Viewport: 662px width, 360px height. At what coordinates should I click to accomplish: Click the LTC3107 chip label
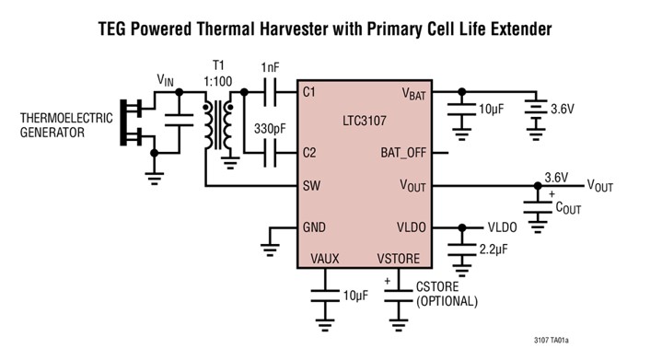click(366, 122)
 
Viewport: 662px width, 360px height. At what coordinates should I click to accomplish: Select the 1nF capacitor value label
click(272, 67)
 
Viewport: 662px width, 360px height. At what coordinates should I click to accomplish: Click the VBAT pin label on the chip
click(415, 93)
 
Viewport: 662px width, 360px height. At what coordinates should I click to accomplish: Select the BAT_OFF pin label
click(404, 153)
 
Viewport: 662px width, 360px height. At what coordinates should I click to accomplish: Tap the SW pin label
click(310, 186)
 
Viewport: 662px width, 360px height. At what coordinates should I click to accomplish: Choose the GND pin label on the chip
click(314, 227)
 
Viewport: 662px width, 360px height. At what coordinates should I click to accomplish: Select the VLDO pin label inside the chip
click(411, 227)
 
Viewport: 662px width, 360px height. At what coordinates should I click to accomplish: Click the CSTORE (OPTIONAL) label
click(447, 294)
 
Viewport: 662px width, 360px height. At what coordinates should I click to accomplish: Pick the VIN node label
click(165, 80)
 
